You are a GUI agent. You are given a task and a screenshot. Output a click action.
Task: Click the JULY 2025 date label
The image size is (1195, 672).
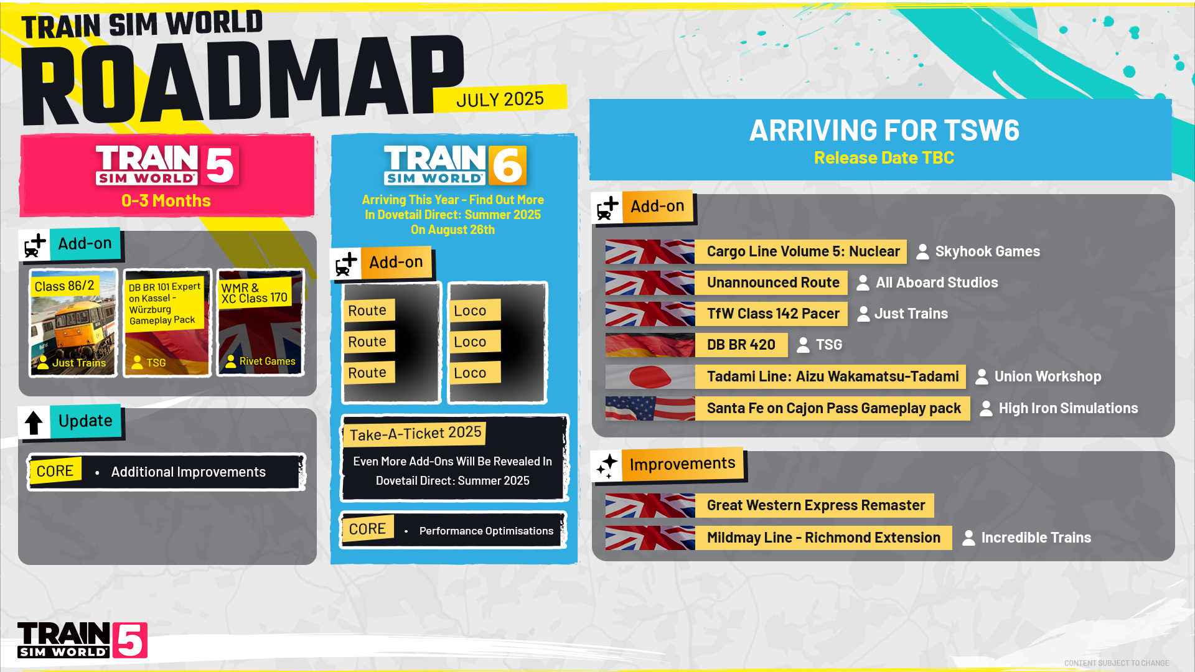500,100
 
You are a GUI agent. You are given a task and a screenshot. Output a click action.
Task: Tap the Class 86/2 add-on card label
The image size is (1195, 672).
64,286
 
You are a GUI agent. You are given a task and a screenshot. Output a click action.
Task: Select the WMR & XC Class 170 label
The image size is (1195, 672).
254,293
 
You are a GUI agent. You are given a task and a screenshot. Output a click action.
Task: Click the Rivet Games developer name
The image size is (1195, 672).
267,362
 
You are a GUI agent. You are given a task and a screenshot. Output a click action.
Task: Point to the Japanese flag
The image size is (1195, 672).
650,376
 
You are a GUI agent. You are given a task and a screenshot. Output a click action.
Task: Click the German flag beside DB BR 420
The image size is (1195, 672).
650,345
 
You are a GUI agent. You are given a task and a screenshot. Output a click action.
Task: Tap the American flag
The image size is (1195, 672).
650,408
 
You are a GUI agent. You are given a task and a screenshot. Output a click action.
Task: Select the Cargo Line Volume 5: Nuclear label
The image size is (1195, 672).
803,251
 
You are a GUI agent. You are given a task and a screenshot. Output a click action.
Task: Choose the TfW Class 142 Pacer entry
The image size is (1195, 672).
773,314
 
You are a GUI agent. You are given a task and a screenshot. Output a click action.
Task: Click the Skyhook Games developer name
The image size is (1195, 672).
987,251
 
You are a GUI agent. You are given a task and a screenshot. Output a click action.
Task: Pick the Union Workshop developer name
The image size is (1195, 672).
1047,376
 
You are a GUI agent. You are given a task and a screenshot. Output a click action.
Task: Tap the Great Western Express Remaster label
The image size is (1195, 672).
815,505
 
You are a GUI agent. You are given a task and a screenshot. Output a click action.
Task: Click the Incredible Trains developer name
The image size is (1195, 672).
1036,538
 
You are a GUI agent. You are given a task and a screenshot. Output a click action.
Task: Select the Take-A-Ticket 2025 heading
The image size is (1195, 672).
415,433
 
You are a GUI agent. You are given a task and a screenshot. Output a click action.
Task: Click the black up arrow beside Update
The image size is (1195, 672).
34,423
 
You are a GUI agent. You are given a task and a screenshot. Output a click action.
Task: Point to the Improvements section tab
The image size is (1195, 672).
682,464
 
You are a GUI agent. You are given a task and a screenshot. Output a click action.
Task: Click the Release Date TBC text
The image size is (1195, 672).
884,158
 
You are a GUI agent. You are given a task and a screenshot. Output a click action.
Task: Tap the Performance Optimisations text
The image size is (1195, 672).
486,531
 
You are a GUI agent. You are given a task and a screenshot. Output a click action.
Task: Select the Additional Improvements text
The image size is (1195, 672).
188,472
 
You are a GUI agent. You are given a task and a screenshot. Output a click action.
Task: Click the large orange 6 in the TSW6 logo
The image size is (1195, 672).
507,166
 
